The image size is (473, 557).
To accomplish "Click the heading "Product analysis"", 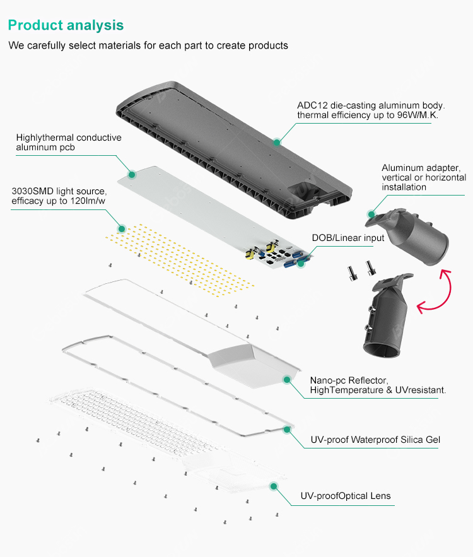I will click(66, 25).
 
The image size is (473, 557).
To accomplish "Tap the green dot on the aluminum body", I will click(276, 143).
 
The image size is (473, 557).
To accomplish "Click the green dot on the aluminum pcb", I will click(132, 173).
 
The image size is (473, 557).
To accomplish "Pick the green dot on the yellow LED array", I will click(122, 228).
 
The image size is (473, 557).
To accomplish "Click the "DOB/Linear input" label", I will click(348, 238).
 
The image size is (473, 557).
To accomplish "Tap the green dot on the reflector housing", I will click(286, 380).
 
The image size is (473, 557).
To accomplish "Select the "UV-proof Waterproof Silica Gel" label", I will click(375, 440).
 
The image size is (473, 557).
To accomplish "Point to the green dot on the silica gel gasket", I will click(288, 429).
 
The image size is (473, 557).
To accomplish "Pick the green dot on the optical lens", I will click(274, 486).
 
